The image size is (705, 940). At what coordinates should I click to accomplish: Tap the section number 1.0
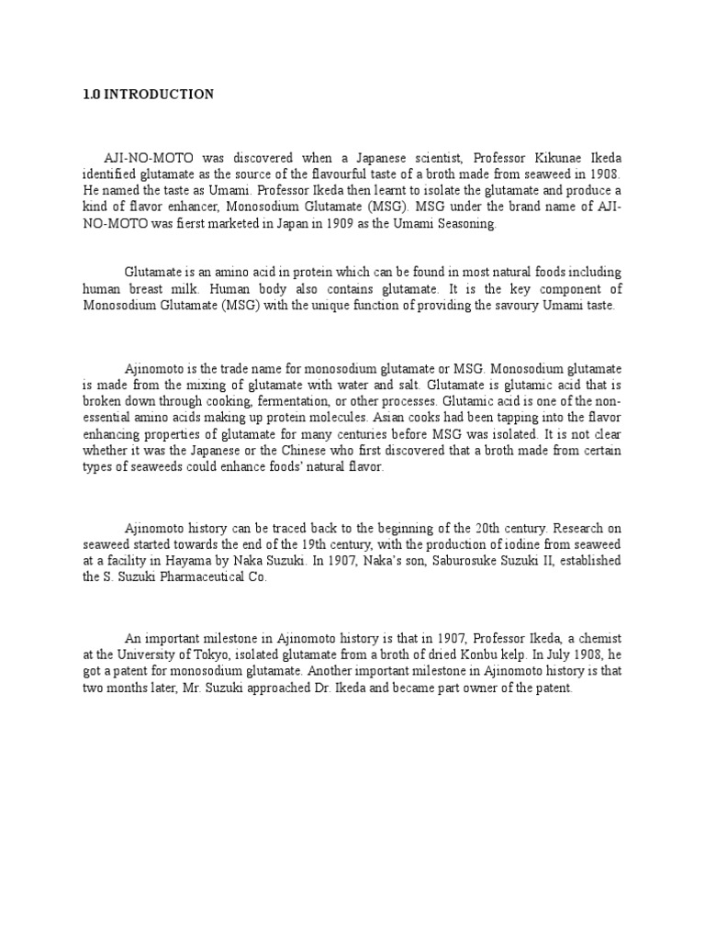(89, 94)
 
